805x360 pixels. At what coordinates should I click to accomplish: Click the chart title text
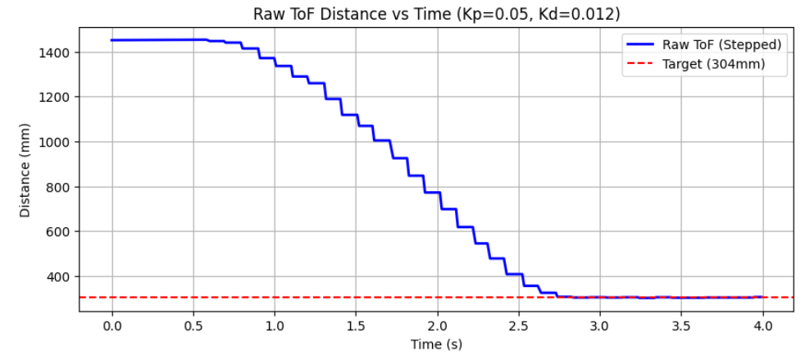coord(436,14)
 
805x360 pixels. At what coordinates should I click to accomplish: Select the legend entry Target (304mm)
coord(715,63)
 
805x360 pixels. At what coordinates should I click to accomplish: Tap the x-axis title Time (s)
coord(436,345)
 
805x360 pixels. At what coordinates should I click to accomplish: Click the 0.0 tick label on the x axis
coord(111,326)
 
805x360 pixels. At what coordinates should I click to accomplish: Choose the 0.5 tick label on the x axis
coord(193,326)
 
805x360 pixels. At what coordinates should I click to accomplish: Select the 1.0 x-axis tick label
coord(275,326)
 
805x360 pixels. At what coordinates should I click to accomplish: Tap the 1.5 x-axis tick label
coord(356,326)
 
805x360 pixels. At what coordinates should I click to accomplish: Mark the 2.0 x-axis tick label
coord(437,326)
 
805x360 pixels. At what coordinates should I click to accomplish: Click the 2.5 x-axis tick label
coord(519,326)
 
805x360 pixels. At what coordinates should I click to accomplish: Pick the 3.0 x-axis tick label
coord(600,326)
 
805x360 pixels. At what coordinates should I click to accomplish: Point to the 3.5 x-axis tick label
coord(681,326)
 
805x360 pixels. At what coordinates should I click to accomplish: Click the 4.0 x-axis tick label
coord(762,326)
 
